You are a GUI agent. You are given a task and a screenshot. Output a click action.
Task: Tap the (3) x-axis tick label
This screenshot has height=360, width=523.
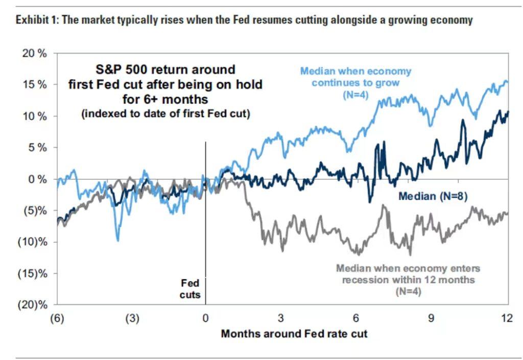pos(132,318)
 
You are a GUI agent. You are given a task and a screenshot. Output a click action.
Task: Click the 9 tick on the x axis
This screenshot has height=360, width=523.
pos(432,318)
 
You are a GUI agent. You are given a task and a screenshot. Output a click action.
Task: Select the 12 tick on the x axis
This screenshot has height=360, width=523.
pos(506,318)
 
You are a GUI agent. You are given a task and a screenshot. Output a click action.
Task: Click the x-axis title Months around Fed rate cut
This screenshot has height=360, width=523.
pos(294,334)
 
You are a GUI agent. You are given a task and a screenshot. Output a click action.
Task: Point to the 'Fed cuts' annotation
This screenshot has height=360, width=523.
pos(192,289)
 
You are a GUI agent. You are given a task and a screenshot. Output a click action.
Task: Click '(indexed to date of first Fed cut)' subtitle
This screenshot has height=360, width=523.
pos(165,113)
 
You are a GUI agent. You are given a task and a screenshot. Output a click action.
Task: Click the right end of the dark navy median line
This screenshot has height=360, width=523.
pos(508,112)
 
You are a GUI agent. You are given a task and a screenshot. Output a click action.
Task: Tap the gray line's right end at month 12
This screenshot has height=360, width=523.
pos(507,213)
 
